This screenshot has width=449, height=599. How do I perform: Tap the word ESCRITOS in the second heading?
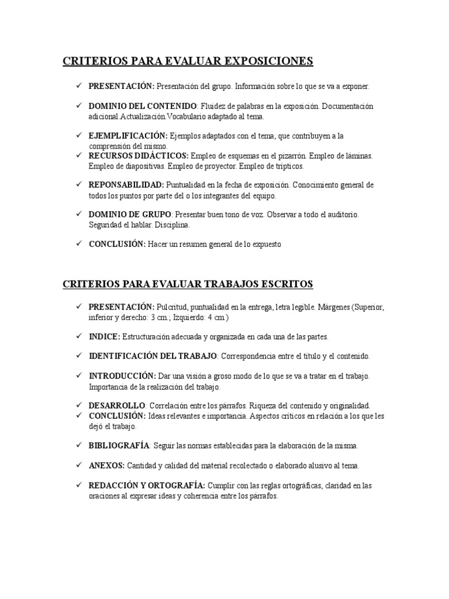285,284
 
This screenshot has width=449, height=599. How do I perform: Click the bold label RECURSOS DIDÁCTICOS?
139,156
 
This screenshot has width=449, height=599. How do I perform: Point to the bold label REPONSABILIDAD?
126,185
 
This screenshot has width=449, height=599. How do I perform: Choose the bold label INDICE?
105,337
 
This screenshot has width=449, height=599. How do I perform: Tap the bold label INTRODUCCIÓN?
122,376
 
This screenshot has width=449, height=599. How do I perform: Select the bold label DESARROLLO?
116,405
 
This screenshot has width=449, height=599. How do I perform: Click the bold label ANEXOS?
106,466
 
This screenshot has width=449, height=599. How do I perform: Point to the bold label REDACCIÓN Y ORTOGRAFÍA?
146,486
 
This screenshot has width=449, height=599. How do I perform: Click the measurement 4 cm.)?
216,317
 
